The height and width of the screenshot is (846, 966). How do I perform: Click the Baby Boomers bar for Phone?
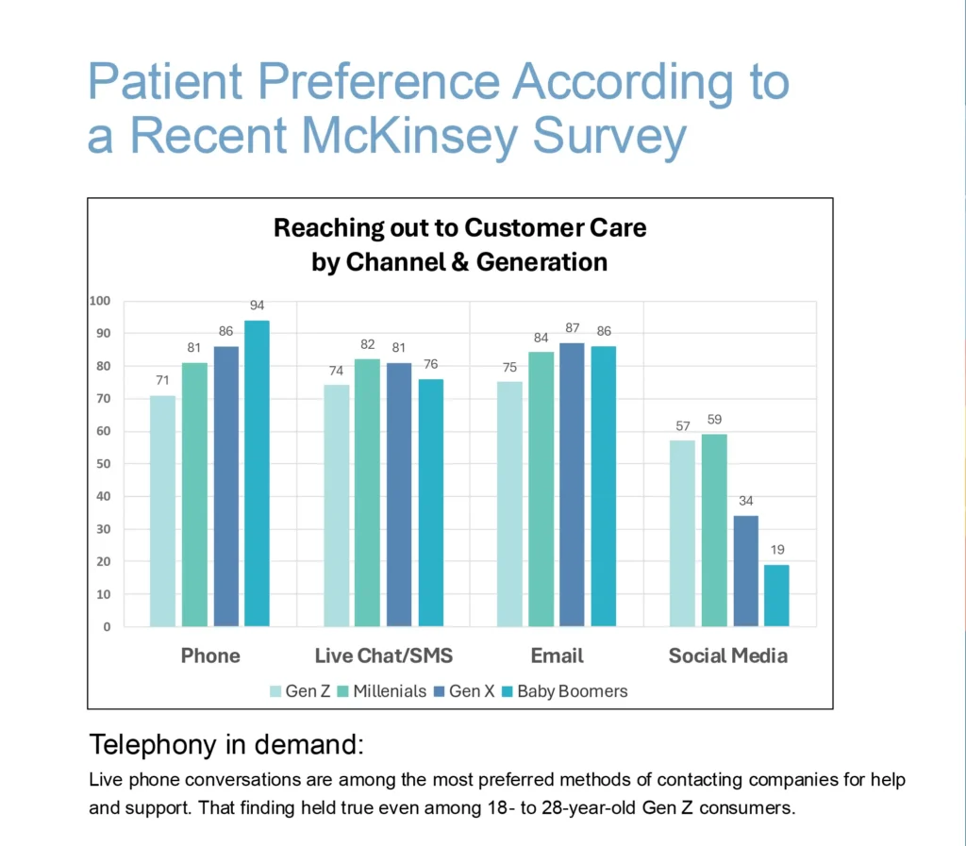tap(257, 473)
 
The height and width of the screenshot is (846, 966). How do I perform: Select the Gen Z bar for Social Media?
tap(682, 533)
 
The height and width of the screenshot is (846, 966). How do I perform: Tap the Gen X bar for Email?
tap(572, 485)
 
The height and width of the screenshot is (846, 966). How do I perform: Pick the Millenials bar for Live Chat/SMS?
tap(367, 492)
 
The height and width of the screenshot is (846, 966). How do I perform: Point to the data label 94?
tap(257, 306)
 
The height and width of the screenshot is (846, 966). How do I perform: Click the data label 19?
tap(776, 550)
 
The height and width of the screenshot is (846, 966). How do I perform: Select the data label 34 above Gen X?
tap(745, 501)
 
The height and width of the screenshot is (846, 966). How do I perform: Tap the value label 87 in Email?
tap(572, 327)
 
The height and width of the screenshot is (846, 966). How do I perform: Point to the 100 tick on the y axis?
tap(100, 301)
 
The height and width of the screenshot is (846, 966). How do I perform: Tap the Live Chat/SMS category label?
tap(383, 655)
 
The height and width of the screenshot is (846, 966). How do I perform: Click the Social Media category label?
tap(727, 655)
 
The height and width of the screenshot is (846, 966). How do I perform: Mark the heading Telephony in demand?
tap(225, 744)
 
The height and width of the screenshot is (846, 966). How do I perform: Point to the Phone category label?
tap(210, 655)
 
